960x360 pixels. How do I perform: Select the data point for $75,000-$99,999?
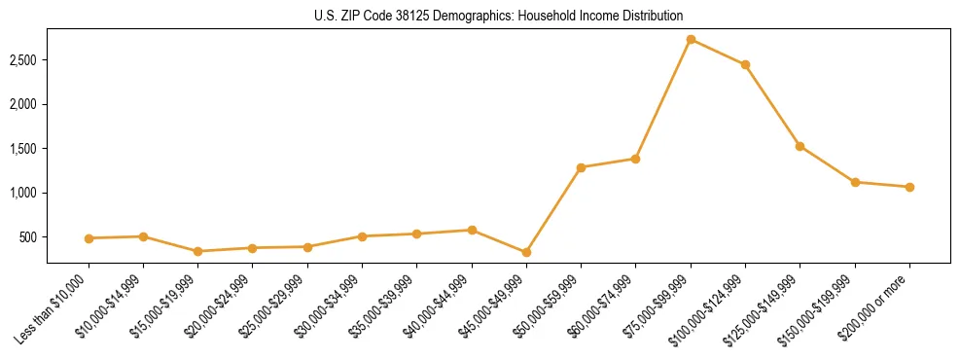click(x=691, y=40)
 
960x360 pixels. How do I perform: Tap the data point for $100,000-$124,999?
click(x=745, y=65)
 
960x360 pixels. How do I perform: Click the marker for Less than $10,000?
click(x=89, y=238)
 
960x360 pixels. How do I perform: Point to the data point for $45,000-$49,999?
click(x=526, y=252)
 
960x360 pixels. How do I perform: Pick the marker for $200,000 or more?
click(x=909, y=187)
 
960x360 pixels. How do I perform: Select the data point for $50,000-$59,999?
click(x=581, y=167)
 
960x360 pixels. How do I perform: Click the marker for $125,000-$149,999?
click(x=800, y=146)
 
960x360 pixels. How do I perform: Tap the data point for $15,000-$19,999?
click(x=198, y=251)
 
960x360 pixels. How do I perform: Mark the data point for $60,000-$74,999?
click(x=635, y=159)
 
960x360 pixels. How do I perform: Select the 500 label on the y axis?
click(x=54, y=237)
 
